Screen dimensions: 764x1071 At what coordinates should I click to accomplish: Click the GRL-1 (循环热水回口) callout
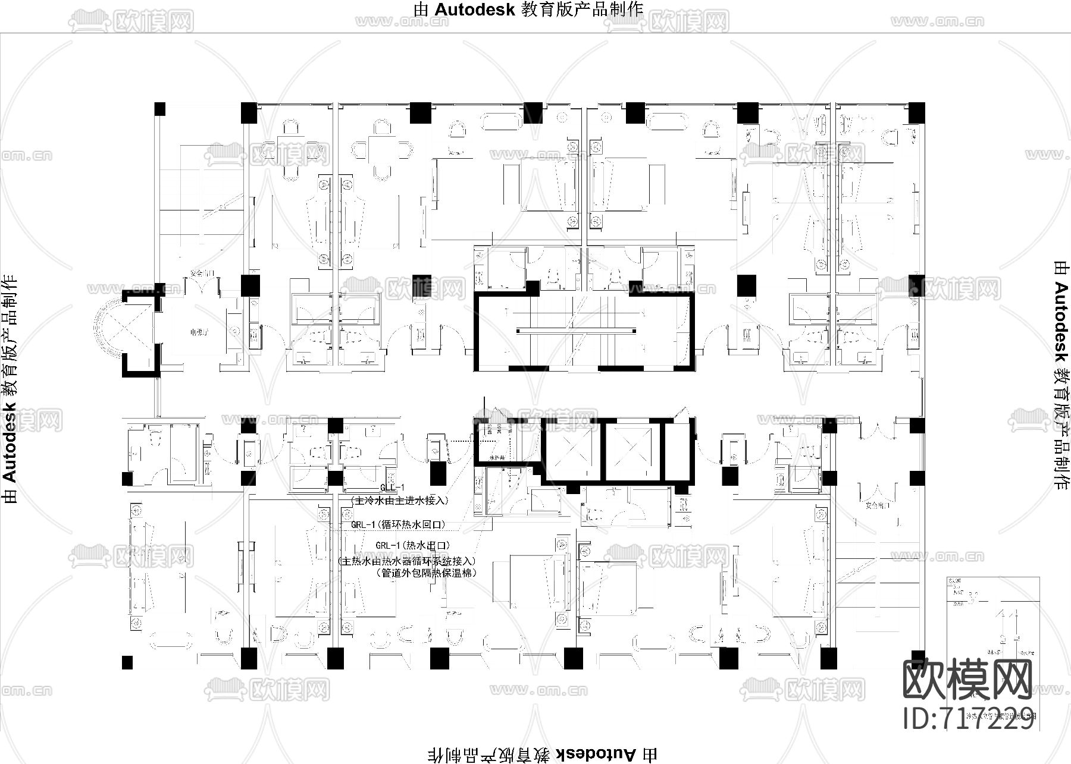point(397,525)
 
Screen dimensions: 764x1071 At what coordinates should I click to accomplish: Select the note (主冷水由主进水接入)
point(399,501)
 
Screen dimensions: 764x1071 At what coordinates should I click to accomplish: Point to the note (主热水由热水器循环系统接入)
point(408,561)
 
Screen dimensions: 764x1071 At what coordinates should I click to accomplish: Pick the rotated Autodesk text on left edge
point(10,389)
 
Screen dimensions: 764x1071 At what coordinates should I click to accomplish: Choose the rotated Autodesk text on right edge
point(1061,375)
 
